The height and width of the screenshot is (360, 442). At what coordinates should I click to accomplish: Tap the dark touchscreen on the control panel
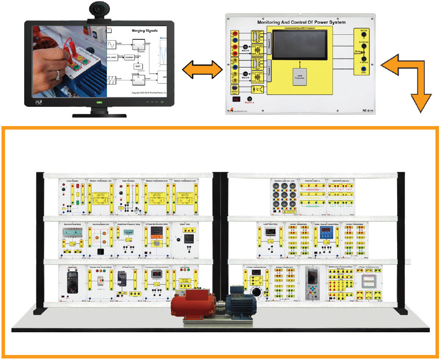click(300, 45)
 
